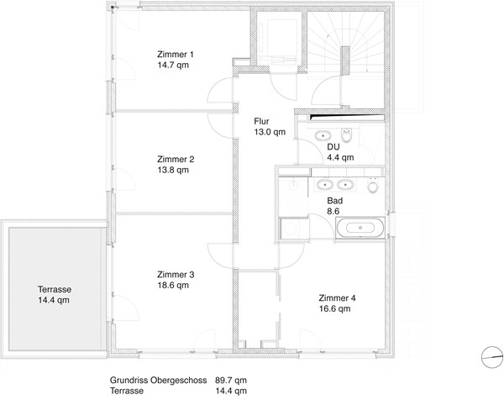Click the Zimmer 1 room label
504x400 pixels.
[176, 55]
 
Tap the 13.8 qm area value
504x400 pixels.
[173, 170]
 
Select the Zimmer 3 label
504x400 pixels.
[176, 275]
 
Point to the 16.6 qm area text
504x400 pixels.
[334, 308]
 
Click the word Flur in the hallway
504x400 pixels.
[261, 121]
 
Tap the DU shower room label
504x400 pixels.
[333, 147]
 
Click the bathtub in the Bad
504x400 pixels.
[360, 228]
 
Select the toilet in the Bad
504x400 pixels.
[373, 186]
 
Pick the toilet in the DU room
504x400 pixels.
[346, 135]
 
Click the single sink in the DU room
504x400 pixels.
[323, 135]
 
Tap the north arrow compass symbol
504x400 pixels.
[492, 357]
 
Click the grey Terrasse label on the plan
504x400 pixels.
[55, 289]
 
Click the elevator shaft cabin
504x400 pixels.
[279, 39]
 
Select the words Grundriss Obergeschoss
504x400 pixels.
[158, 380]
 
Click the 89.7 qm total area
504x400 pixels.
[231, 380]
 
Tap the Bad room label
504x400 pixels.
[335, 201]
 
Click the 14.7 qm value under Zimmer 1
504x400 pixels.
[173, 65]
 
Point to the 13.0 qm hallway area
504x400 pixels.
[270, 132]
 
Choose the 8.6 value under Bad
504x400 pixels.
[333, 211]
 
